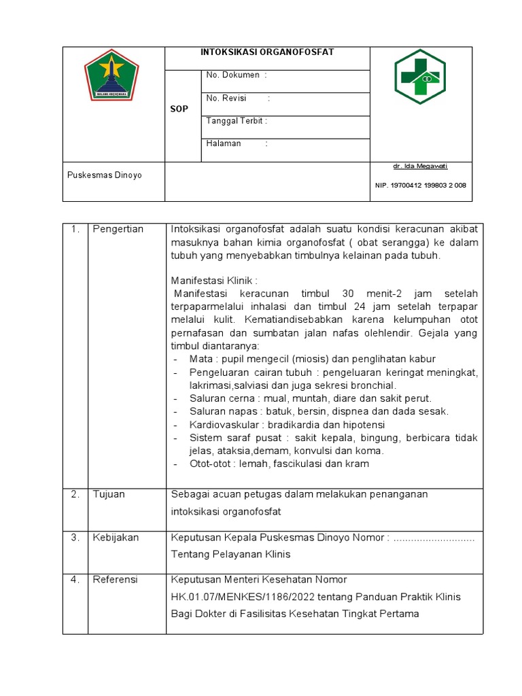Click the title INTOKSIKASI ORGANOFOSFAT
pyautogui.click(x=267, y=52)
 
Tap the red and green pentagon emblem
pyautogui.click(x=111, y=75)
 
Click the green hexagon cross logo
pyautogui.click(x=420, y=77)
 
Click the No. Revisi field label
pyautogui.click(x=227, y=99)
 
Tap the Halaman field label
pyautogui.click(x=224, y=143)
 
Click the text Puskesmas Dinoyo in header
pyautogui.click(x=105, y=175)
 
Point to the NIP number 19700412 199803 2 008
pyautogui.click(x=420, y=186)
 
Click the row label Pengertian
pyautogui.click(x=118, y=229)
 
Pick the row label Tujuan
pyautogui.click(x=109, y=494)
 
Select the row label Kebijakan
pyautogui.click(x=116, y=538)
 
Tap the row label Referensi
pyautogui.click(x=115, y=580)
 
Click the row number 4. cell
pyautogui.click(x=75, y=580)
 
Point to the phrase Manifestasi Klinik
pyautogui.click(x=214, y=280)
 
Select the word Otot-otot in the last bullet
pyautogui.click(x=209, y=464)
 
